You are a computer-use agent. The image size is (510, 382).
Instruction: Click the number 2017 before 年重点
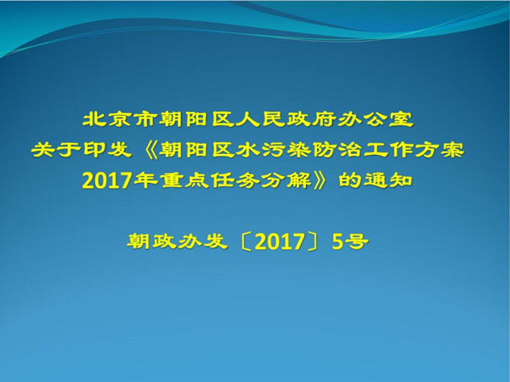click(x=106, y=180)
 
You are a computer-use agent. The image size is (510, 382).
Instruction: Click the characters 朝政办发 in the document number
click(x=177, y=242)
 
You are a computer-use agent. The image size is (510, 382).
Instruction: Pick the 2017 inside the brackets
click(x=279, y=242)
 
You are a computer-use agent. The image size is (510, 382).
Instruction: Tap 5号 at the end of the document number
click(x=350, y=242)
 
